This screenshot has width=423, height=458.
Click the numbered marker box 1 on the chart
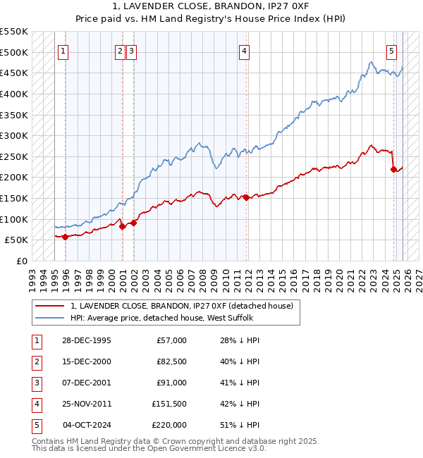click(63, 51)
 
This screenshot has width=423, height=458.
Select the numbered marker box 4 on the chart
click(243, 51)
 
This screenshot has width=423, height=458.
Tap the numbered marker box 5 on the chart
click(391, 51)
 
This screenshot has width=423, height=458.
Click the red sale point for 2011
click(246, 197)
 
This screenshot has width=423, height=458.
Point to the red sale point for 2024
click(393, 169)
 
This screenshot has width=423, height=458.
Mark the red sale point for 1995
click(66, 237)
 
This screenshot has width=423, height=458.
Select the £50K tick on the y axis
click(17, 240)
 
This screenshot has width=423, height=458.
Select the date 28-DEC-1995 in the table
click(87, 340)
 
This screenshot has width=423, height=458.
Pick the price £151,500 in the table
click(169, 404)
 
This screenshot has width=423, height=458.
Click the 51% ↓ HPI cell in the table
click(240, 425)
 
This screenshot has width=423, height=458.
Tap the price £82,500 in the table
click(171, 361)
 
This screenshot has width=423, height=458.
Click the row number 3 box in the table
click(35, 383)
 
